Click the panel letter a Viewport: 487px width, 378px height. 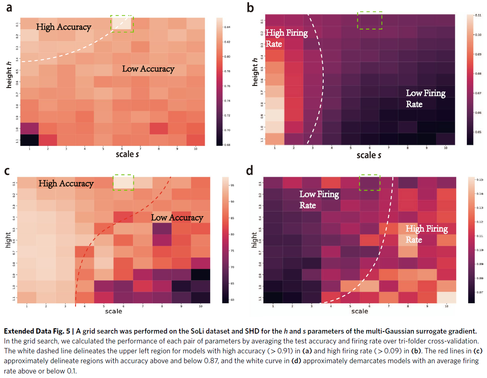9,7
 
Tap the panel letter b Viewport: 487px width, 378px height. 250,7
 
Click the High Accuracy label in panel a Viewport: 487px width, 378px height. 64,27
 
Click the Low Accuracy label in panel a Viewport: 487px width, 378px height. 148,69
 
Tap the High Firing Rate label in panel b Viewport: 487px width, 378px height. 286,38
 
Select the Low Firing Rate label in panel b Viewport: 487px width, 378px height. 425,98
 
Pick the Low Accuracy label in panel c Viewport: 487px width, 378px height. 177,217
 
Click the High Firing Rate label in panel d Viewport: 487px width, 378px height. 427,234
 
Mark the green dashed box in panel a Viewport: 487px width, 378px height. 122,23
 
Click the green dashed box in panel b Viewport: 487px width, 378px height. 370,20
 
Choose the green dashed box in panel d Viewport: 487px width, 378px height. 370,182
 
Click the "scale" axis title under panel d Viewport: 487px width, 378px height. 360,311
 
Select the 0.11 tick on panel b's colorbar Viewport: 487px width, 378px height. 477,15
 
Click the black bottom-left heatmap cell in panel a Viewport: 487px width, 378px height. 29,140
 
